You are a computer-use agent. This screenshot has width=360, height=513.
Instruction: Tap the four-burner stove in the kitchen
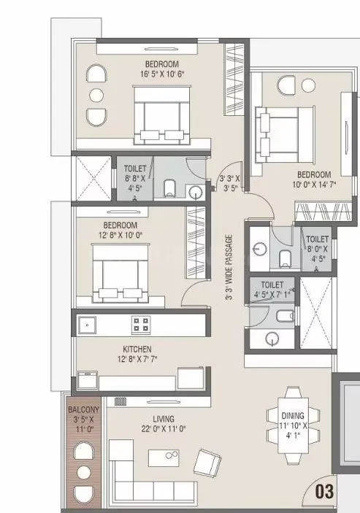[141, 323]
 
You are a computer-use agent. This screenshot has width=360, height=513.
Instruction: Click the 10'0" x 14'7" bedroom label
[313, 180]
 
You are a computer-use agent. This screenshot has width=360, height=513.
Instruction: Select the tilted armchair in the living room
[209, 463]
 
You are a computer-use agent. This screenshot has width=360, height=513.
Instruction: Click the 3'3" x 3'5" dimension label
[232, 181]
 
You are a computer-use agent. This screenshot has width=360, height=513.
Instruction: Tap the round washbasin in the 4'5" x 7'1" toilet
[273, 338]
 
